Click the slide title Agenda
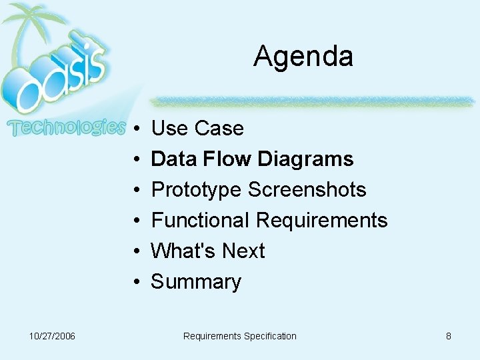coord(303,57)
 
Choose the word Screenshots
coord(307,189)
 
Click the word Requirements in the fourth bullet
coord(321,220)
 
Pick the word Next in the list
coord(243,251)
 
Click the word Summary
coord(196,282)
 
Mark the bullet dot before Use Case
coord(135,129)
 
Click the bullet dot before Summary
coord(135,282)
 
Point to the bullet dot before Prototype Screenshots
coord(135,190)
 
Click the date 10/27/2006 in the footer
coord(53,336)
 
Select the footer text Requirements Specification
coord(239,336)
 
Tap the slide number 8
coord(449,336)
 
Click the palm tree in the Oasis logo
coord(33,27)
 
